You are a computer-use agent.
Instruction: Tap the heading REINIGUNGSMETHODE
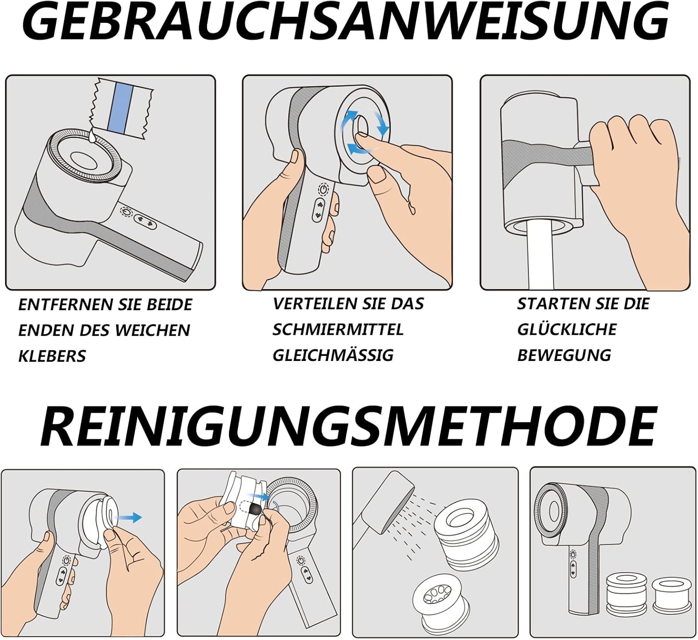[348, 427]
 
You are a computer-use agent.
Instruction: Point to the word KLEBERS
[52, 356]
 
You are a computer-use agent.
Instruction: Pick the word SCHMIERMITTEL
[338, 330]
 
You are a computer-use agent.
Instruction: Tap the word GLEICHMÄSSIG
[333, 355]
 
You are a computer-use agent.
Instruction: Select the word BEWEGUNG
[564, 355]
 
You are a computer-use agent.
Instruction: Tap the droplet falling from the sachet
[92, 136]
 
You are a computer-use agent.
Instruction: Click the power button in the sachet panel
[126, 211]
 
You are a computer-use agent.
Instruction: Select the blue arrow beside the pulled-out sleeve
[128, 517]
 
